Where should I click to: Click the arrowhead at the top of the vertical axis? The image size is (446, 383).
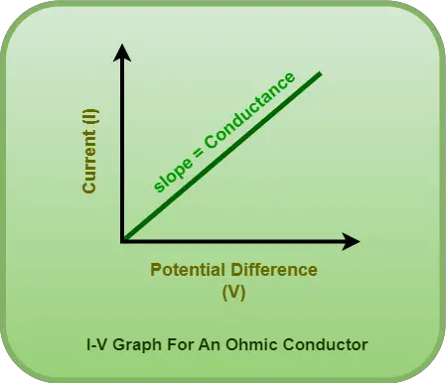[x=122, y=53]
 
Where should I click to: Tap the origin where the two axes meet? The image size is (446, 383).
[x=123, y=240]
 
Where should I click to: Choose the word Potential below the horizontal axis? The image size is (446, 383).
[x=187, y=270]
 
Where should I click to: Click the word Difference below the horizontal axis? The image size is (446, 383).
[x=271, y=270]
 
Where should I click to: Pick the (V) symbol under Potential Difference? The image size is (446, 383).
[x=233, y=293]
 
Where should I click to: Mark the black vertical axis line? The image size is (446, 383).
[x=122, y=149]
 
